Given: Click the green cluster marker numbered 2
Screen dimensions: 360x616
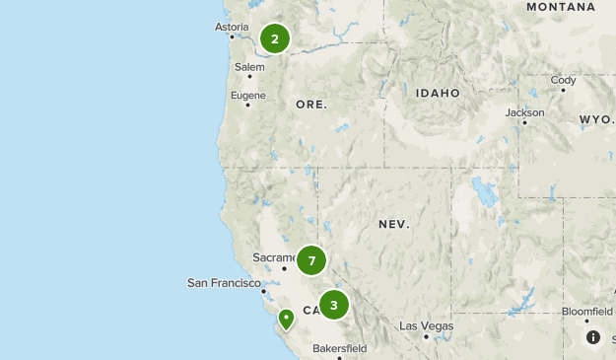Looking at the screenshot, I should click(275, 39).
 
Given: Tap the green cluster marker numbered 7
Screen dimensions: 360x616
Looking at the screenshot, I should click(311, 260).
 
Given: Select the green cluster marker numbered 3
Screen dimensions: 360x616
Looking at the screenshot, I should click(334, 306).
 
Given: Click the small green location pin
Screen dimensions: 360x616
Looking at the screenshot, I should click(286, 319).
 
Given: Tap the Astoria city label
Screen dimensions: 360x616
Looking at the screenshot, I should click(233, 28).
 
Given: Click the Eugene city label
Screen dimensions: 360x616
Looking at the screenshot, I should click(247, 95).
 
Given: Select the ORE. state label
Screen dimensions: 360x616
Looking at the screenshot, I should click(310, 104).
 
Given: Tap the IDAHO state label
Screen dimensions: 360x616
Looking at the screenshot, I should click(438, 93).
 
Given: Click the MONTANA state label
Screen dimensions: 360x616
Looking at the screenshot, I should click(560, 7).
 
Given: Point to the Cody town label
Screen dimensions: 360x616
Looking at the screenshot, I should click(564, 80).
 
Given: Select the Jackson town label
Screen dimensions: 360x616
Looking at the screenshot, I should click(524, 112).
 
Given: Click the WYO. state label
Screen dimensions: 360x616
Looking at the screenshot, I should click(596, 119).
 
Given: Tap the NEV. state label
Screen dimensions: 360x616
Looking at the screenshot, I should click(393, 225).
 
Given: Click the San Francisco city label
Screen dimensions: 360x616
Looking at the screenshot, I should click(224, 283).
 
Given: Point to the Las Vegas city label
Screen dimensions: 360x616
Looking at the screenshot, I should click(427, 325).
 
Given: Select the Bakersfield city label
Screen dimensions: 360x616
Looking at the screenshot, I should click(339, 348).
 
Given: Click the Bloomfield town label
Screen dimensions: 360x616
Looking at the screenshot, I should click(587, 311).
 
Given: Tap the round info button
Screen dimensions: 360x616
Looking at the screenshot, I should click(593, 337).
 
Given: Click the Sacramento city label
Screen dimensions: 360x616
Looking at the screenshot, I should click(274, 257).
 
